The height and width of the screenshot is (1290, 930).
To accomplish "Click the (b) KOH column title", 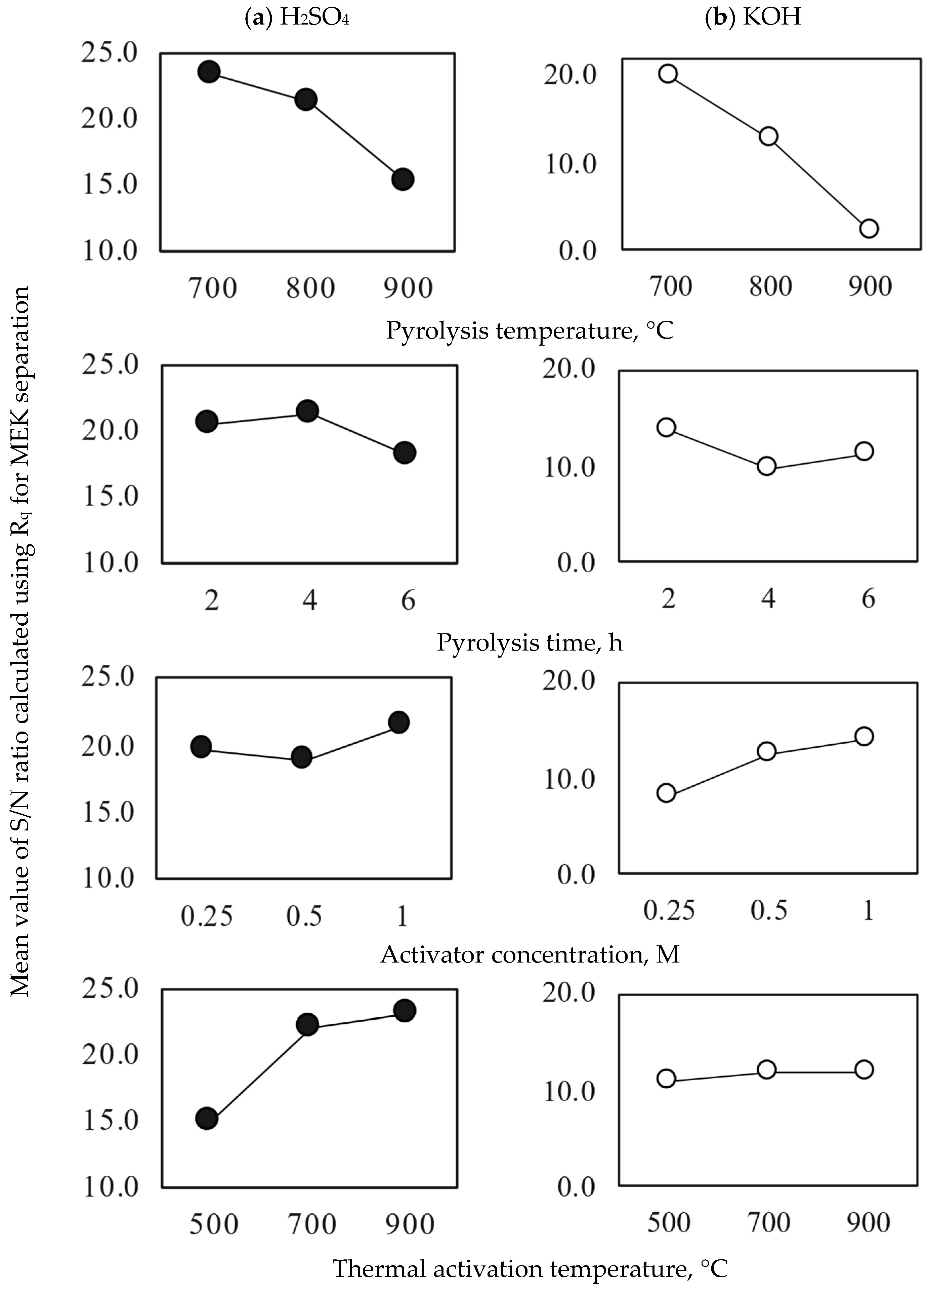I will point(753,17).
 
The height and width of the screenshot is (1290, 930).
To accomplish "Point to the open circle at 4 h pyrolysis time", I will point(767,466).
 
